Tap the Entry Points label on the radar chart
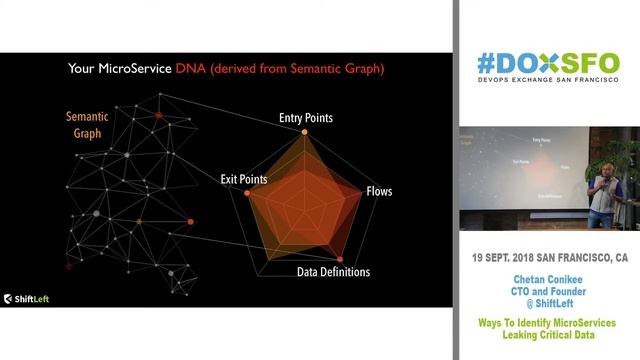[x=305, y=118]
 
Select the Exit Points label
[x=243, y=179]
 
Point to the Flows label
[x=379, y=189]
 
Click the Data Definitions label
[x=333, y=272]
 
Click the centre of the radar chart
[x=299, y=205]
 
